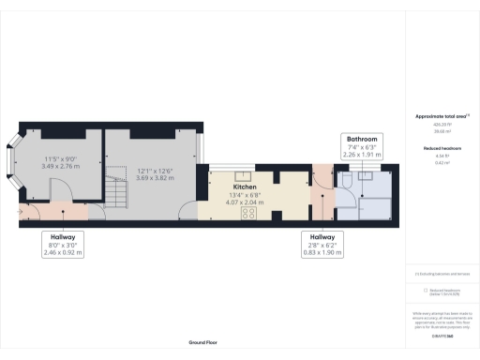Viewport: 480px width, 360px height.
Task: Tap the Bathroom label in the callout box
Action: (363, 139)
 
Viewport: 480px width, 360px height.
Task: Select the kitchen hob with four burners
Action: (250, 213)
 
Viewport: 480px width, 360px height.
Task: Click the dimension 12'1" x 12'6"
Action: (155, 171)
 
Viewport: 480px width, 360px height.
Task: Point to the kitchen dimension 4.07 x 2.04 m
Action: (245, 202)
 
